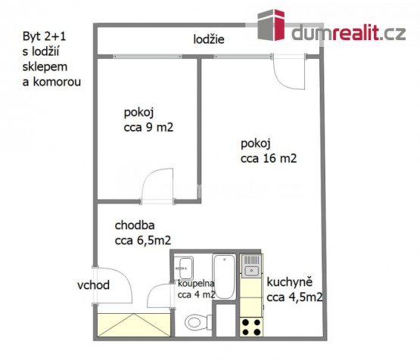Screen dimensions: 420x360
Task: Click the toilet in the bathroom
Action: coord(197,322)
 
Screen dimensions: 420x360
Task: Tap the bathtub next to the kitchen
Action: coord(224,277)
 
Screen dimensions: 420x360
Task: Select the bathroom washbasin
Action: coord(185,268)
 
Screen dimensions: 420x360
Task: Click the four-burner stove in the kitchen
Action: coord(251,327)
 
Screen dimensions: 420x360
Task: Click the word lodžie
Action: coord(209,39)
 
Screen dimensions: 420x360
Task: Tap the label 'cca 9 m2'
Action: coord(148,127)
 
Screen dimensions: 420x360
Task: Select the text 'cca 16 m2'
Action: coord(269,159)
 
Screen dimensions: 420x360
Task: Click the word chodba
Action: coord(135,225)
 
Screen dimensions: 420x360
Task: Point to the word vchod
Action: coord(94,285)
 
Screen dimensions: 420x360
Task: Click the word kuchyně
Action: coord(290,282)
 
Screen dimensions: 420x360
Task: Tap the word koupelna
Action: coord(196,283)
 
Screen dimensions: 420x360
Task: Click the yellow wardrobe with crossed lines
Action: coord(134,324)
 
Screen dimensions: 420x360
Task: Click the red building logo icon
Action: coord(271,25)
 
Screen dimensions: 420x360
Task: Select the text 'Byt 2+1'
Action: coord(44,36)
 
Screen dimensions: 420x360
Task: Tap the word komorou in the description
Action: coord(57,82)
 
